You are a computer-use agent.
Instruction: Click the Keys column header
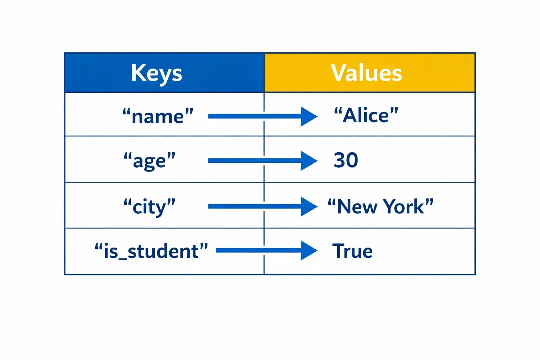[x=157, y=73]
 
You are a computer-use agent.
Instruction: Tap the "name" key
[x=158, y=116]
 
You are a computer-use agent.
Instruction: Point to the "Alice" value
[x=366, y=115]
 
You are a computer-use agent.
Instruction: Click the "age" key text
[x=149, y=161]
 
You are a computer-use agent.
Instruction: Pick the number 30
[x=346, y=160]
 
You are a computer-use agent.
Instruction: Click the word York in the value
[x=404, y=207]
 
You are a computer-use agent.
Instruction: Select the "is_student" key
[x=151, y=251]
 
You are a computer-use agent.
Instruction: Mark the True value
[x=352, y=251]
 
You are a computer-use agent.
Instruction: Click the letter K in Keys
[x=138, y=72]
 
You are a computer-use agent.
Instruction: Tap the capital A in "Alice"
[x=351, y=116]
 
